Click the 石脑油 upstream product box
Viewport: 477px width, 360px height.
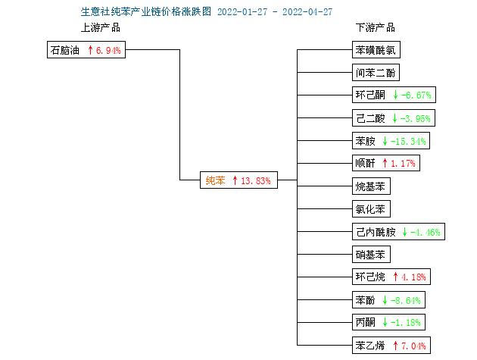click(86, 50)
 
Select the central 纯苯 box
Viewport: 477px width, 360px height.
click(238, 180)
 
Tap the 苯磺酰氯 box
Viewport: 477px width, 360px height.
click(376, 50)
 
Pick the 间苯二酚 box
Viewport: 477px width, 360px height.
click(376, 73)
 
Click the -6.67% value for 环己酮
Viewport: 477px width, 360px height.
click(416, 95)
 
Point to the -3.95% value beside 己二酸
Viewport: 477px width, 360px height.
click(416, 118)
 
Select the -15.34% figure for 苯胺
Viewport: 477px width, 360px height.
click(408, 141)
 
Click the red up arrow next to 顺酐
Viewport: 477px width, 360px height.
click(385, 163)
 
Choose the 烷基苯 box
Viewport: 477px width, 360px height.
click(371, 186)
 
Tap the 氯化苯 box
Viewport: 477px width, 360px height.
click(371, 208)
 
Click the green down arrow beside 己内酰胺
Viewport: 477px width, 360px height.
click(404, 232)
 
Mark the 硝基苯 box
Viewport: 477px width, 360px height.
click(371, 255)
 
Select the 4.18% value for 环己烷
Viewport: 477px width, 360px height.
click(413, 277)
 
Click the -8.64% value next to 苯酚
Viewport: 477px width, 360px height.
click(406, 301)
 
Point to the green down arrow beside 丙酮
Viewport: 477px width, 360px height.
click(385, 322)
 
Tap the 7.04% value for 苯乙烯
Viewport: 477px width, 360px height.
click(413, 346)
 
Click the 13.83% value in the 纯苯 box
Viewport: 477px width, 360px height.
click(256, 180)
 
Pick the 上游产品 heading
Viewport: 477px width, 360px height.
click(101, 28)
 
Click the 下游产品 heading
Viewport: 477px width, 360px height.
click(376, 28)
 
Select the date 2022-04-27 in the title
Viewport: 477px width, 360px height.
click(307, 12)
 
